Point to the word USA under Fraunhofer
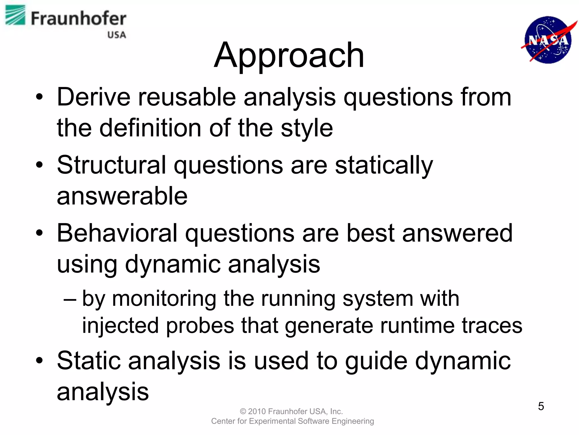[116, 35]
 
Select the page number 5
[541, 406]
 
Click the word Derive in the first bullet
[94, 97]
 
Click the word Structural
[111, 165]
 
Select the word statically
[384, 166]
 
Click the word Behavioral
[117, 233]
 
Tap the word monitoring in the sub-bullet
[164, 299]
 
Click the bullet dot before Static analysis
[40, 361]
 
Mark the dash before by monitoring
[70, 299]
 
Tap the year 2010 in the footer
[257, 411]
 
